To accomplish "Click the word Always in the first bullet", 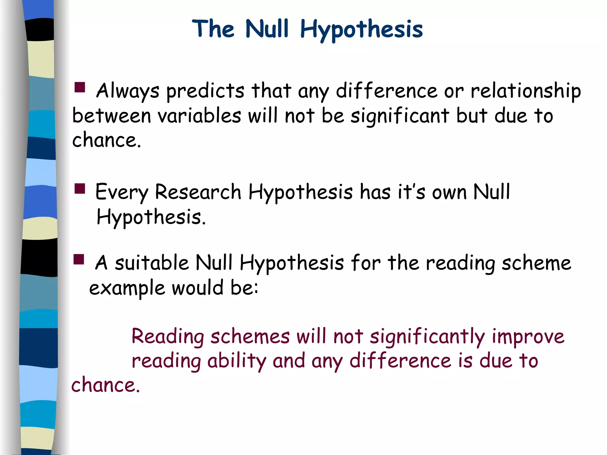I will (128, 91).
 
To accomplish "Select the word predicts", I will (205, 91).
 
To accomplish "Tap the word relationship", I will (526, 91).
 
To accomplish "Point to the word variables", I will (199, 116).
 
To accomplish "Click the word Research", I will (198, 192).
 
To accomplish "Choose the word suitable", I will (152, 263).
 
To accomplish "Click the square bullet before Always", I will (80, 88).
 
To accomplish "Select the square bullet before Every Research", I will (80, 189).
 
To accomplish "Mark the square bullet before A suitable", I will (79, 259).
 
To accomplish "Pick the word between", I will (111, 116).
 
